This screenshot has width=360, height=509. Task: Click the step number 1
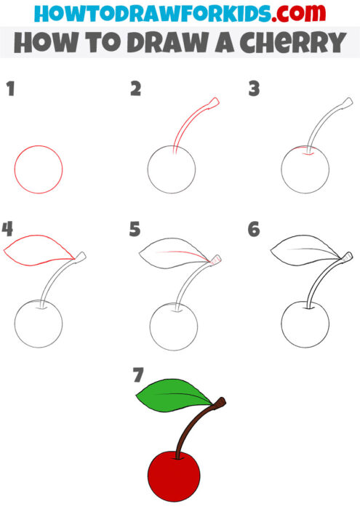pos(10,89)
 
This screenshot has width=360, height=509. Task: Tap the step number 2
pos(135,89)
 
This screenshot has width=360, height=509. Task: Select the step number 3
pos(254,89)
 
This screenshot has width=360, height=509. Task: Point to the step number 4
pos(8,230)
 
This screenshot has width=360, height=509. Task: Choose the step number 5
pos(135,230)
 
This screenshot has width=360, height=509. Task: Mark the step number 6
pos(254,230)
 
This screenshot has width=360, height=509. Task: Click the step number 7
pos(137,375)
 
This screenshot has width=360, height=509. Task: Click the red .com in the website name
pos(280,14)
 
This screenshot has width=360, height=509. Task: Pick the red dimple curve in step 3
pos(302,152)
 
